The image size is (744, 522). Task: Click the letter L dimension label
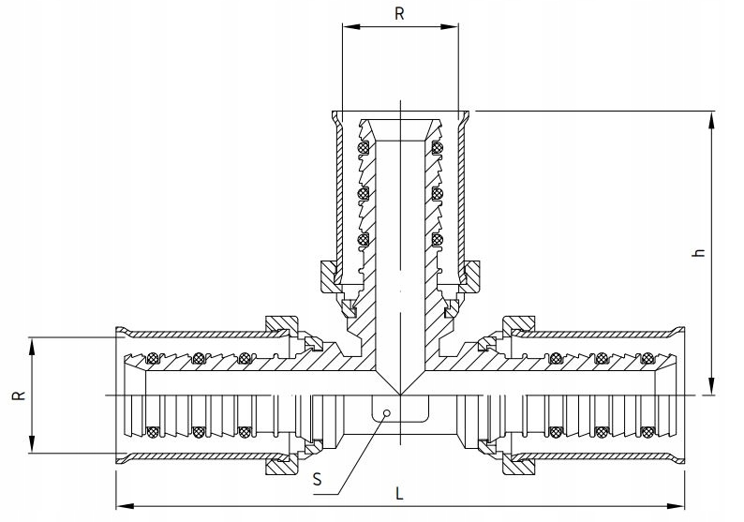tap(399, 494)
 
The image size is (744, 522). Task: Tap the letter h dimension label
tap(699, 252)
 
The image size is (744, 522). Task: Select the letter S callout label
tap(318, 479)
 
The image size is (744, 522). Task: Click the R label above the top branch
tap(399, 14)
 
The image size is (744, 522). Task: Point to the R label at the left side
tap(19, 395)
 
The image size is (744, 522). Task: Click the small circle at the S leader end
tap(387, 413)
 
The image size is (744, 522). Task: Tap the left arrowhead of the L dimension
tap(124, 506)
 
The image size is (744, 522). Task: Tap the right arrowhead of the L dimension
tap(677, 506)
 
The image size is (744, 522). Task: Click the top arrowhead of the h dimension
tap(711, 120)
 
